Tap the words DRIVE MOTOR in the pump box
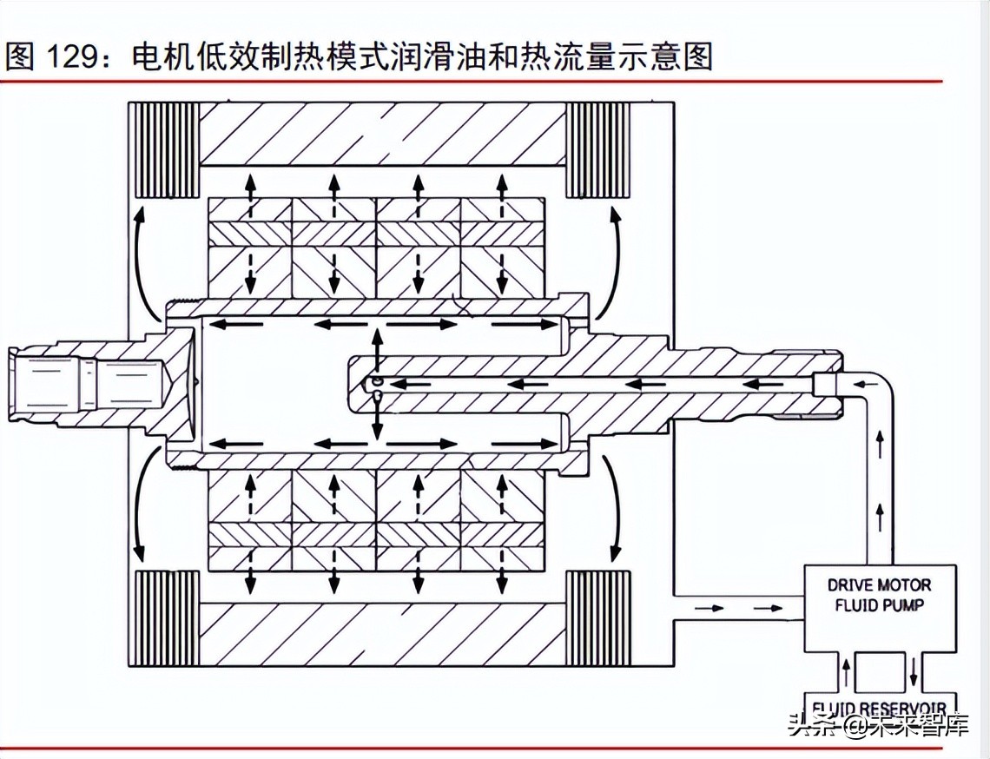(x=879, y=585)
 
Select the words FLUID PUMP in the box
(x=879, y=605)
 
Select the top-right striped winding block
(x=600, y=149)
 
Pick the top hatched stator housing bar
(x=382, y=133)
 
